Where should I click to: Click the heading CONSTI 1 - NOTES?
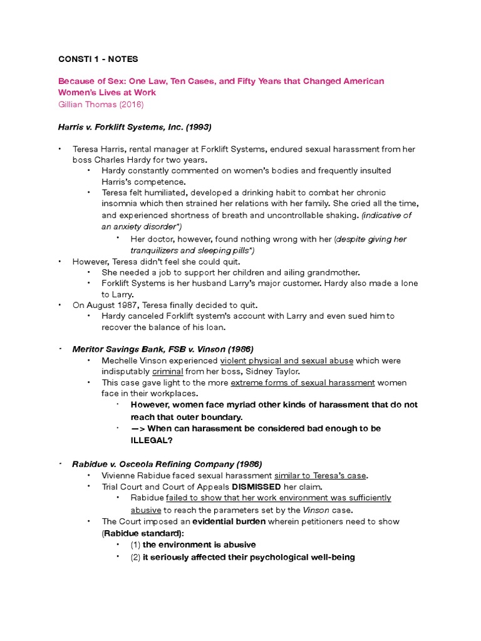coord(98,59)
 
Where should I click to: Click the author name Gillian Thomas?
coord(85,104)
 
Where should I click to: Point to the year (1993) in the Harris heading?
coord(195,127)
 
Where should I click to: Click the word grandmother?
coord(332,272)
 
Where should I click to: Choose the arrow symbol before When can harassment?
coord(138,428)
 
